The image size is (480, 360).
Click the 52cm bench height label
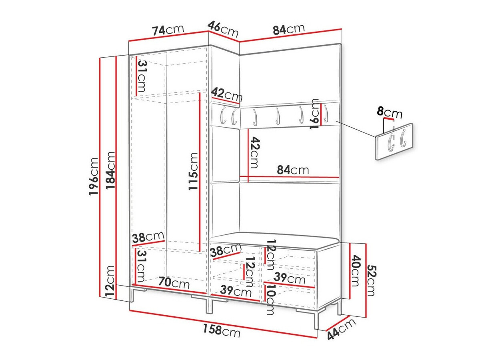click(371, 280)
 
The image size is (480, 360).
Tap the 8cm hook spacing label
click(390, 112)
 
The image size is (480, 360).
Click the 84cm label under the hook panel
click(293, 170)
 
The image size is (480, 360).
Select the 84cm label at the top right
click(288, 29)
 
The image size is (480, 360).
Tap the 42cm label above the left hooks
click(227, 95)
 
